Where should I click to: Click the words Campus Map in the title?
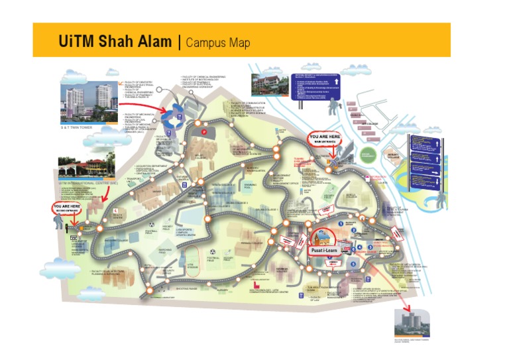coord(218,43)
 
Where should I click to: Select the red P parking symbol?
coord(205,132)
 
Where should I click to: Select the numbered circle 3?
coord(371,247)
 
